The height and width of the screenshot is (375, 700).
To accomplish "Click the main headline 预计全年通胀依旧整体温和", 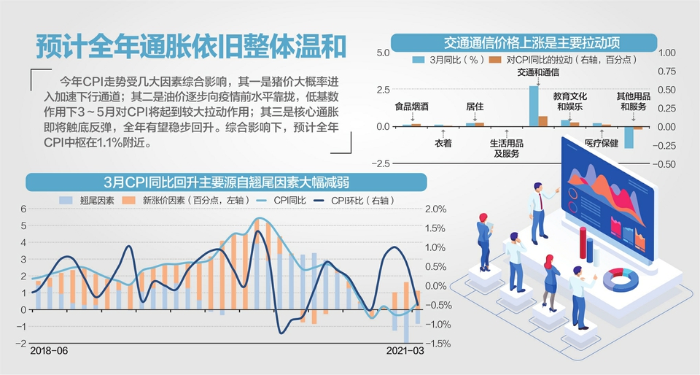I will coord(191,46).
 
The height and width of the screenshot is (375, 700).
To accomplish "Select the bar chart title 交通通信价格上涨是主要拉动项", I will coord(524,42).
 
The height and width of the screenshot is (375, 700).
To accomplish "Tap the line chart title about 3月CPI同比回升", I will coord(227,182).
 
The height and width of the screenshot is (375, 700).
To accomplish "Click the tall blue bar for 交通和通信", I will coord(534,106).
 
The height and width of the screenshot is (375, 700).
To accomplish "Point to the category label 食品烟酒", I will coord(411,107).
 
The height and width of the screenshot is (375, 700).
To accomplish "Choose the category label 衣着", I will coord(443,143).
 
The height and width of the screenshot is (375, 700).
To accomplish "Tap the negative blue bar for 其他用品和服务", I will coord(629,137).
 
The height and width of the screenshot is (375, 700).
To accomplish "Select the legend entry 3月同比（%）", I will coord(445,59).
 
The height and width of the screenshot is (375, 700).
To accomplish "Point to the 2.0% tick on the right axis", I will coord(435,209).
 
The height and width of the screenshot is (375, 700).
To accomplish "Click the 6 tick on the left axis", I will coord(23,209).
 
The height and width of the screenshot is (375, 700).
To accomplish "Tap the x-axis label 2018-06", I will coord(48,351).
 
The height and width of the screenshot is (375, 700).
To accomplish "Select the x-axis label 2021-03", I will coord(405,351).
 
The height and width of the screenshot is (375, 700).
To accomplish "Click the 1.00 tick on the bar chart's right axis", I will coord(667,53).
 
